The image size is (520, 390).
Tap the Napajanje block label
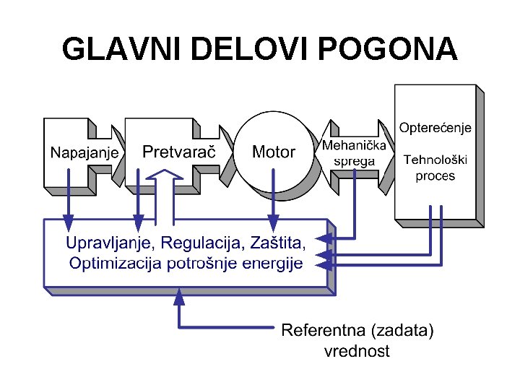coord(84,153)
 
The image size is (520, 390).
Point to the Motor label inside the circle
coord(273,152)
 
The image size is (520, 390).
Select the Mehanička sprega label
coord(354,153)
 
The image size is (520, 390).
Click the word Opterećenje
coord(435,128)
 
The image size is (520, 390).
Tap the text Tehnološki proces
coord(435,168)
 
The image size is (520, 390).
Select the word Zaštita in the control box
coord(279,241)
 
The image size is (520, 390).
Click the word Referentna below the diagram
coord(324,331)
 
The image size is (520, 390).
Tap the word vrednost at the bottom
coord(356,352)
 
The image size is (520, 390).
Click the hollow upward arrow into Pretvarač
coord(166,195)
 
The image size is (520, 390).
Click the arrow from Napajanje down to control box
coord(69,195)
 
